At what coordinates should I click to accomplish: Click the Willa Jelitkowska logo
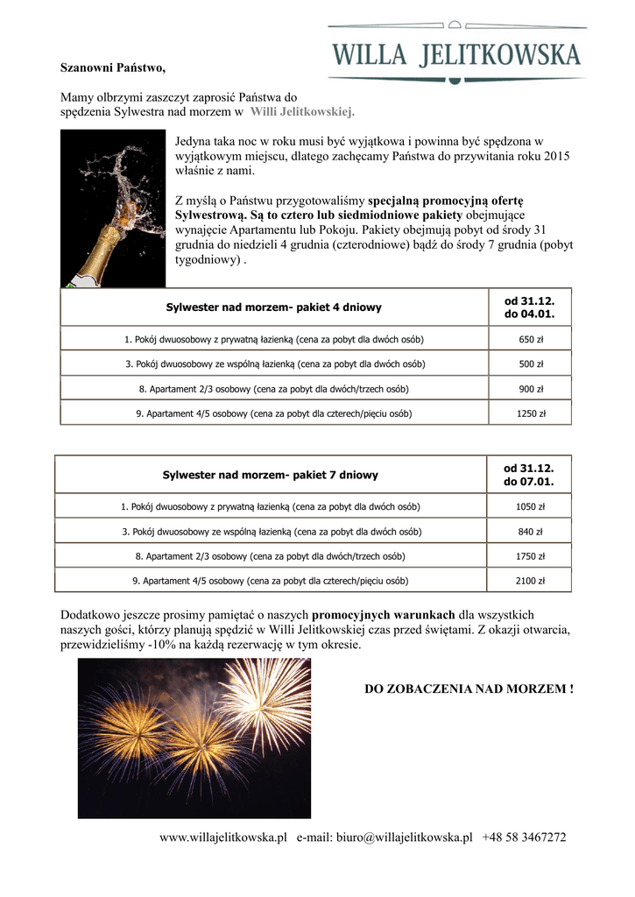[456, 53]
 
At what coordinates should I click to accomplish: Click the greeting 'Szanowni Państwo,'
[112, 67]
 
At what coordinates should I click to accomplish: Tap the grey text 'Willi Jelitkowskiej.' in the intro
[302, 112]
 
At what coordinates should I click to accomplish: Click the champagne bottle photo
[113, 208]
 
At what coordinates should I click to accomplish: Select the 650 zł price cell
[531, 339]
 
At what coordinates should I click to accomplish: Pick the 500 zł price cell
[531, 364]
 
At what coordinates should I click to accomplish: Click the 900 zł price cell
[531, 388]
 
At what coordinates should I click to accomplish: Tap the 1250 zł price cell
[531, 413]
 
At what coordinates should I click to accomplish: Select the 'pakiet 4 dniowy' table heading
[273, 307]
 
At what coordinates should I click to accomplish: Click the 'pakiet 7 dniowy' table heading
[270, 475]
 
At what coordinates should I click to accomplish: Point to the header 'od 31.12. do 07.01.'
[529, 475]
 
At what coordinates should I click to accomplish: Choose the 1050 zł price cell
[530, 506]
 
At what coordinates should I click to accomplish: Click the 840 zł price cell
[530, 531]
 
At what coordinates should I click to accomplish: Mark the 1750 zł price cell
[530, 555]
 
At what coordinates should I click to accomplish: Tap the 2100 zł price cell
[530, 580]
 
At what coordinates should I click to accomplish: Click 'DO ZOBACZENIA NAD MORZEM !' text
[469, 689]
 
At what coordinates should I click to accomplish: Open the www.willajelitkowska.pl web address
[223, 837]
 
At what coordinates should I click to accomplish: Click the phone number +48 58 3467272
[524, 837]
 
